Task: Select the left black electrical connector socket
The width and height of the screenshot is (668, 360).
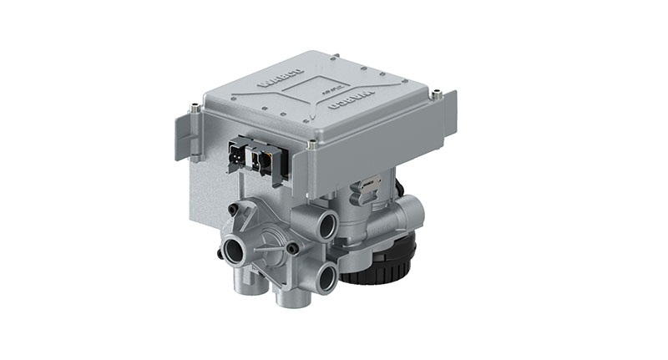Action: click(x=237, y=155)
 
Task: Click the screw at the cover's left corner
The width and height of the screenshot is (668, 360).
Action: click(x=195, y=106)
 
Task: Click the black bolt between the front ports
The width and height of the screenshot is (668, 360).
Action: click(x=292, y=248)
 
